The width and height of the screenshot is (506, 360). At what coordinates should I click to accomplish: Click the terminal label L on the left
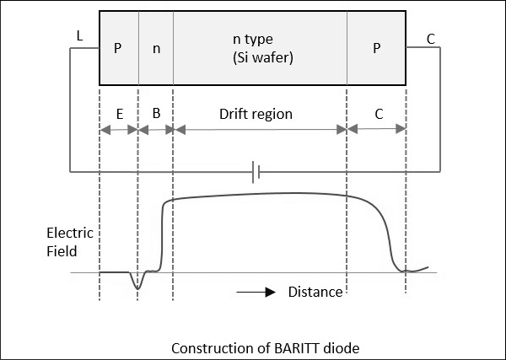pyautogui.click(x=79, y=38)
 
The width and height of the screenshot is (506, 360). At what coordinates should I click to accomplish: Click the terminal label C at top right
pyautogui.click(x=431, y=38)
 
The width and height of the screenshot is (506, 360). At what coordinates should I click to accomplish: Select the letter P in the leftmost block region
pyautogui.click(x=118, y=48)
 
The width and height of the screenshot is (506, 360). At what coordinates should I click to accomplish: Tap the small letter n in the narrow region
pyautogui.click(x=156, y=48)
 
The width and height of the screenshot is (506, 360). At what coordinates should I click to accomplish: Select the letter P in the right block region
pyautogui.click(x=377, y=48)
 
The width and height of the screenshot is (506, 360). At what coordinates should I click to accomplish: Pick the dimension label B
pyautogui.click(x=156, y=113)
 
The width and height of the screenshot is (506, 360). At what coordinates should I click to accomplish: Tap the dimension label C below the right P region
pyautogui.click(x=378, y=113)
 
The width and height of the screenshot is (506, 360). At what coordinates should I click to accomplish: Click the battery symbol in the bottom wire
pyautogui.click(x=256, y=173)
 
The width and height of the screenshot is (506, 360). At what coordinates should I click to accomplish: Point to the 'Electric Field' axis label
pyautogui.click(x=70, y=241)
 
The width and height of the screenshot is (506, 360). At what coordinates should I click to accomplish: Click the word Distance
pyautogui.click(x=315, y=293)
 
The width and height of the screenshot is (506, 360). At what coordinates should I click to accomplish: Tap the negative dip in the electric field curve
pyautogui.click(x=138, y=287)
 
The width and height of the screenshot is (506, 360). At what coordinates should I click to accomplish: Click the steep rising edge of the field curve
pyautogui.click(x=160, y=236)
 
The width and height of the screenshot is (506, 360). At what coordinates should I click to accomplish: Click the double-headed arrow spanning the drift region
pyautogui.click(x=260, y=130)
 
